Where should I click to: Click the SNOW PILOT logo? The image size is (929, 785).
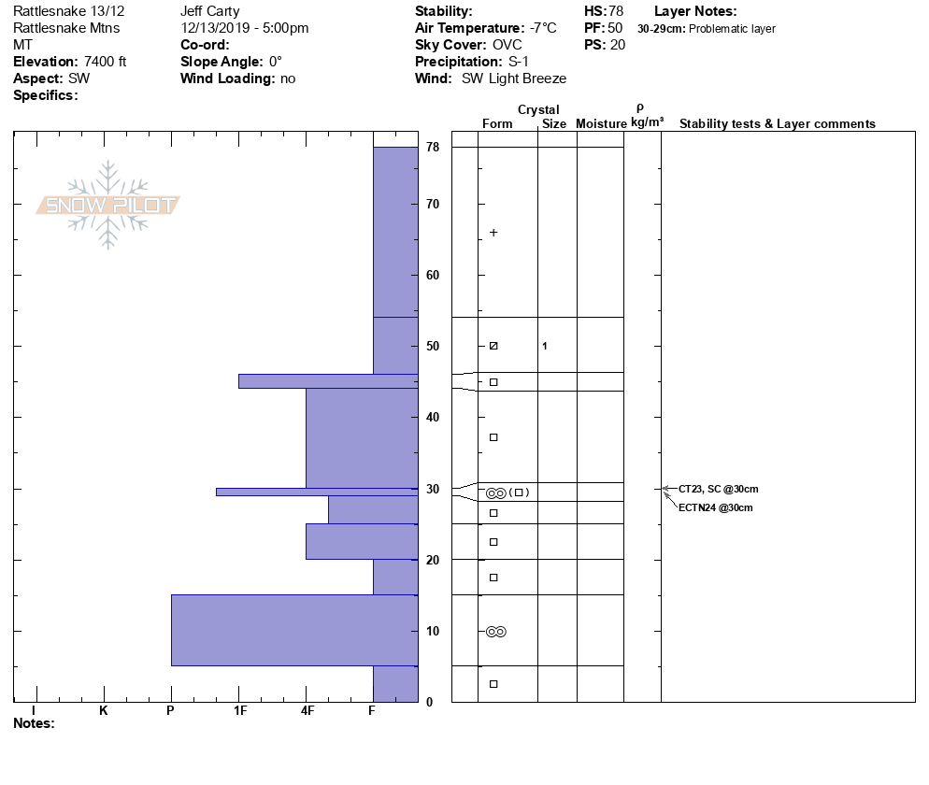[x=108, y=206]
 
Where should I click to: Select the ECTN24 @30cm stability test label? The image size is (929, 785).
[x=715, y=507]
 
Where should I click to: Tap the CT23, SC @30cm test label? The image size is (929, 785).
[x=718, y=489]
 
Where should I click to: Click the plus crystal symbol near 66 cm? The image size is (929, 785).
[x=493, y=233]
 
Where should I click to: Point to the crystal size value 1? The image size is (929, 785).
[x=545, y=347]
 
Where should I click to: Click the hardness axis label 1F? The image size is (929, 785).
[x=239, y=711]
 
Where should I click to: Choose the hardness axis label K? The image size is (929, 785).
[x=104, y=711]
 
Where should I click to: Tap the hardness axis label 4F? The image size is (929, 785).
[x=307, y=711]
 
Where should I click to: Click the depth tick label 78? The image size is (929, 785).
[x=433, y=148]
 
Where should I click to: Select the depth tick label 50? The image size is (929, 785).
[x=433, y=347]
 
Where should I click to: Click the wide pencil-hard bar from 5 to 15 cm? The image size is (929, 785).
[x=294, y=630]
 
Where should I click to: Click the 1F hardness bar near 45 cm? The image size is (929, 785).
[x=327, y=380]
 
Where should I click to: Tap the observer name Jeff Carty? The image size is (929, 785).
[x=210, y=11]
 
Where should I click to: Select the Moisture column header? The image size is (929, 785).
[x=601, y=124]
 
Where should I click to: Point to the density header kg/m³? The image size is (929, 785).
[x=647, y=122]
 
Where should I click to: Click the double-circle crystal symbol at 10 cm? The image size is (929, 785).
[x=495, y=632]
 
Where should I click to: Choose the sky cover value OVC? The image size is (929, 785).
[x=507, y=45]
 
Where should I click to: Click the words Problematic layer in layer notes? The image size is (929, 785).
[x=732, y=29]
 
